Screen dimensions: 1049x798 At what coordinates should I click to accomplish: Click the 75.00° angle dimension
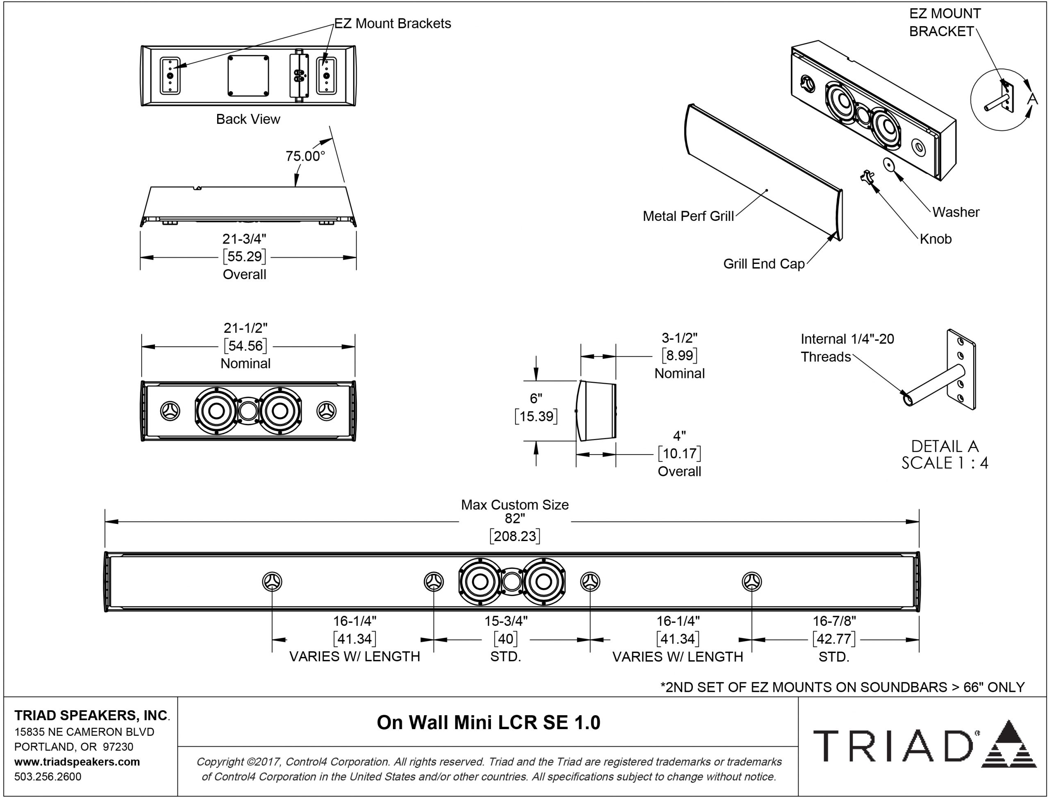305,156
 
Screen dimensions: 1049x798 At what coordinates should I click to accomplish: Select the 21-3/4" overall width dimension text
245,238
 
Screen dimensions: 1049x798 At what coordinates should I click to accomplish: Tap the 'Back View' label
248,119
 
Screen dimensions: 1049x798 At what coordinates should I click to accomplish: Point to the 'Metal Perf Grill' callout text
688,216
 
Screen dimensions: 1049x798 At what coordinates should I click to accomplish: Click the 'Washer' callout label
956,212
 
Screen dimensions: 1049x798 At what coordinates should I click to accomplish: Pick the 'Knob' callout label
935,239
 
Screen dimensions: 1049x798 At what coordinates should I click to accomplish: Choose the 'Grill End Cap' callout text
764,264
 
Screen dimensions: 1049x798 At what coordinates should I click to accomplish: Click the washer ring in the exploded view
888,164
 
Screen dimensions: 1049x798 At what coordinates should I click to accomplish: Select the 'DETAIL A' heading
945,446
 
